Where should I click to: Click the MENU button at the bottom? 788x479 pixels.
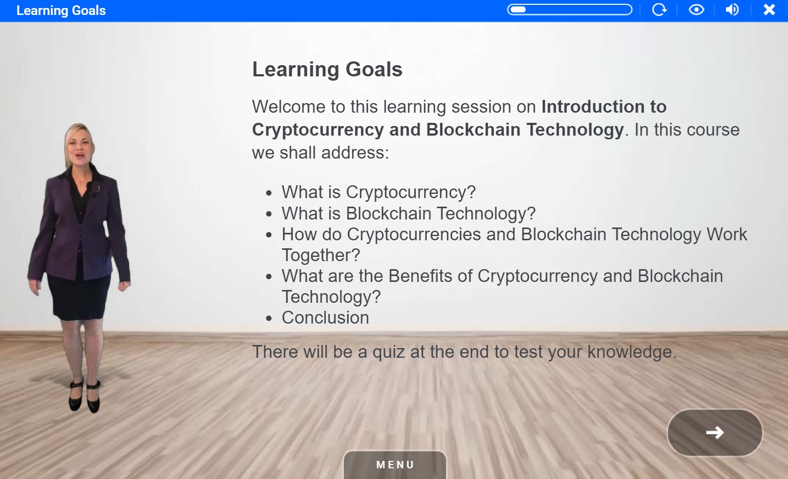pyautogui.click(x=395, y=465)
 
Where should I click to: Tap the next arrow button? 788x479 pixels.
pyautogui.click(x=714, y=433)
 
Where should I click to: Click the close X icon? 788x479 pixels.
pyautogui.click(x=769, y=10)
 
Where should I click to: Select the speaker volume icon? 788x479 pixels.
pyautogui.click(x=732, y=10)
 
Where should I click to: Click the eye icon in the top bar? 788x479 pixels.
pyautogui.click(x=696, y=10)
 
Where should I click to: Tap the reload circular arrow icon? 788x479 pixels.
pyautogui.click(x=659, y=10)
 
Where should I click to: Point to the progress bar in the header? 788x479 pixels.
pyautogui.click(x=569, y=10)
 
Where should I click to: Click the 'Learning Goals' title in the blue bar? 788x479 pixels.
pyautogui.click(x=61, y=11)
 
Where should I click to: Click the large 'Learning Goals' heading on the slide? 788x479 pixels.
pyautogui.click(x=327, y=69)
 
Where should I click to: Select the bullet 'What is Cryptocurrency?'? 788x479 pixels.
pyautogui.click(x=378, y=192)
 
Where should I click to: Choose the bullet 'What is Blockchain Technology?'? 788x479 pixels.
pyautogui.click(x=408, y=214)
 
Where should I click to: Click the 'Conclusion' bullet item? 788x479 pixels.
pyautogui.click(x=325, y=318)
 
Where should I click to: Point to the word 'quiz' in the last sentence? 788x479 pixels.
pyautogui.click(x=389, y=352)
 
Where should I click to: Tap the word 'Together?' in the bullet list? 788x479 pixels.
pyautogui.click(x=321, y=255)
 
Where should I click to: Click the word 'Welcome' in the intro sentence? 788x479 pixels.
pyautogui.click(x=289, y=107)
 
